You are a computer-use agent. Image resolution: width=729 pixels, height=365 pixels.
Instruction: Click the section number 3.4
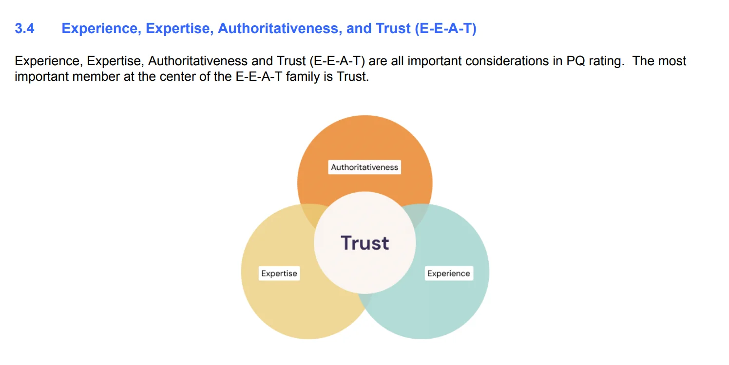tap(24, 29)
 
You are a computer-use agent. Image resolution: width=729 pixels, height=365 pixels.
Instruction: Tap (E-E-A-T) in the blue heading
tap(445, 29)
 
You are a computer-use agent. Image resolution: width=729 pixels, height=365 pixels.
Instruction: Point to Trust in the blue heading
tap(393, 29)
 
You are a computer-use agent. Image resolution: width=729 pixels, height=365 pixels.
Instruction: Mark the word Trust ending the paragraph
tap(351, 77)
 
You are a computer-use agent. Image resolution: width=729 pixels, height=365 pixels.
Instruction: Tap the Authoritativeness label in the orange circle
tap(364, 167)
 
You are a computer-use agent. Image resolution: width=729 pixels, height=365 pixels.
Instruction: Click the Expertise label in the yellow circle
tap(279, 274)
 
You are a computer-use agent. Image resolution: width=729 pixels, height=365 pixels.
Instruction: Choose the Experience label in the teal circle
tap(448, 274)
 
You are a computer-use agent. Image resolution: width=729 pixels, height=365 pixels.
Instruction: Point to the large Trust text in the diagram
tap(365, 243)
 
